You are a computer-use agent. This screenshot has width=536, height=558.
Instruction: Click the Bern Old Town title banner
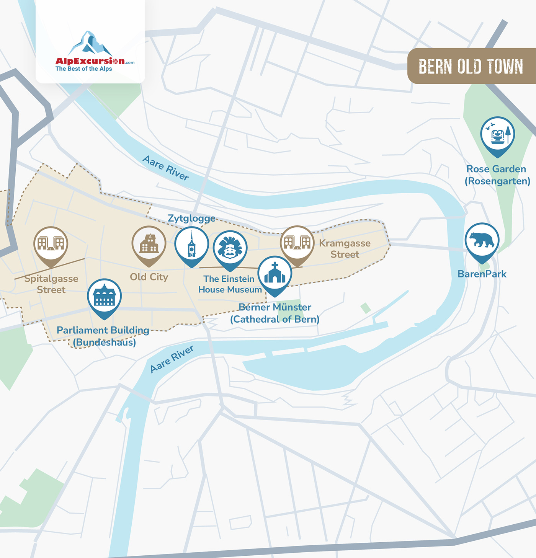(x=471, y=66)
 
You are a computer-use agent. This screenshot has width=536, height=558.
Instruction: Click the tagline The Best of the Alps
(x=84, y=69)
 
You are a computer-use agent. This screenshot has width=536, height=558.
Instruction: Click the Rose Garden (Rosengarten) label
(x=497, y=175)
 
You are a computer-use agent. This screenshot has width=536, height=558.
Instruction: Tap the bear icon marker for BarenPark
(x=482, y=241)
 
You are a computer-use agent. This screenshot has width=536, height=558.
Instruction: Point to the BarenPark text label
(x=482, y=274)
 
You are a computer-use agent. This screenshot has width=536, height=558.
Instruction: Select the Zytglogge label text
(x=191, y=219)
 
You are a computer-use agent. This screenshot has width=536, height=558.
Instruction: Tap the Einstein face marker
(x=230, y=248)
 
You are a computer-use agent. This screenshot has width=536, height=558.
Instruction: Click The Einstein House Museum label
(x=230, y=284)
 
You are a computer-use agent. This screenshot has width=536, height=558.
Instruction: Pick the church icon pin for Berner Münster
(x=275, y=274)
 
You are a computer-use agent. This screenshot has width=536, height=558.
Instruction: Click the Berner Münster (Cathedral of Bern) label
(x=275, y=313)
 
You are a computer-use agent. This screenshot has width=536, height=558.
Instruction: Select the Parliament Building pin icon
(x=104, y=297)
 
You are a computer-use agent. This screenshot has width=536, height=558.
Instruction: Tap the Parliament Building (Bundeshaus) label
(x=103, y=336)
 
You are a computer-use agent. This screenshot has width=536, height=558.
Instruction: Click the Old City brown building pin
(x=149, y=244)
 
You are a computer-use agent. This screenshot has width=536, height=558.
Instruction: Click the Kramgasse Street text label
(x=345, y=249)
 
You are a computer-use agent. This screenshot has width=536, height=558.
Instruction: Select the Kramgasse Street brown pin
(x=297, y=243)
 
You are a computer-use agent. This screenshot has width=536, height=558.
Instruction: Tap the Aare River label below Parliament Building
(x=172, y=359)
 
